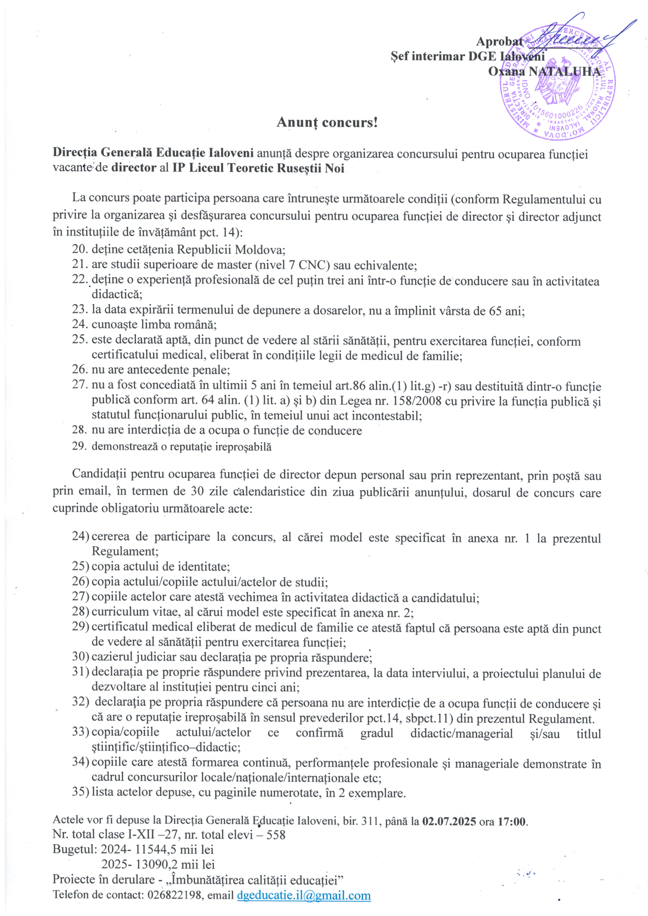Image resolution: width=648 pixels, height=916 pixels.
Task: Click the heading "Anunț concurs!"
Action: [x=327, y=122]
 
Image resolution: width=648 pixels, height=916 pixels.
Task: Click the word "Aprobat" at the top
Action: [x=499, y=42]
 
